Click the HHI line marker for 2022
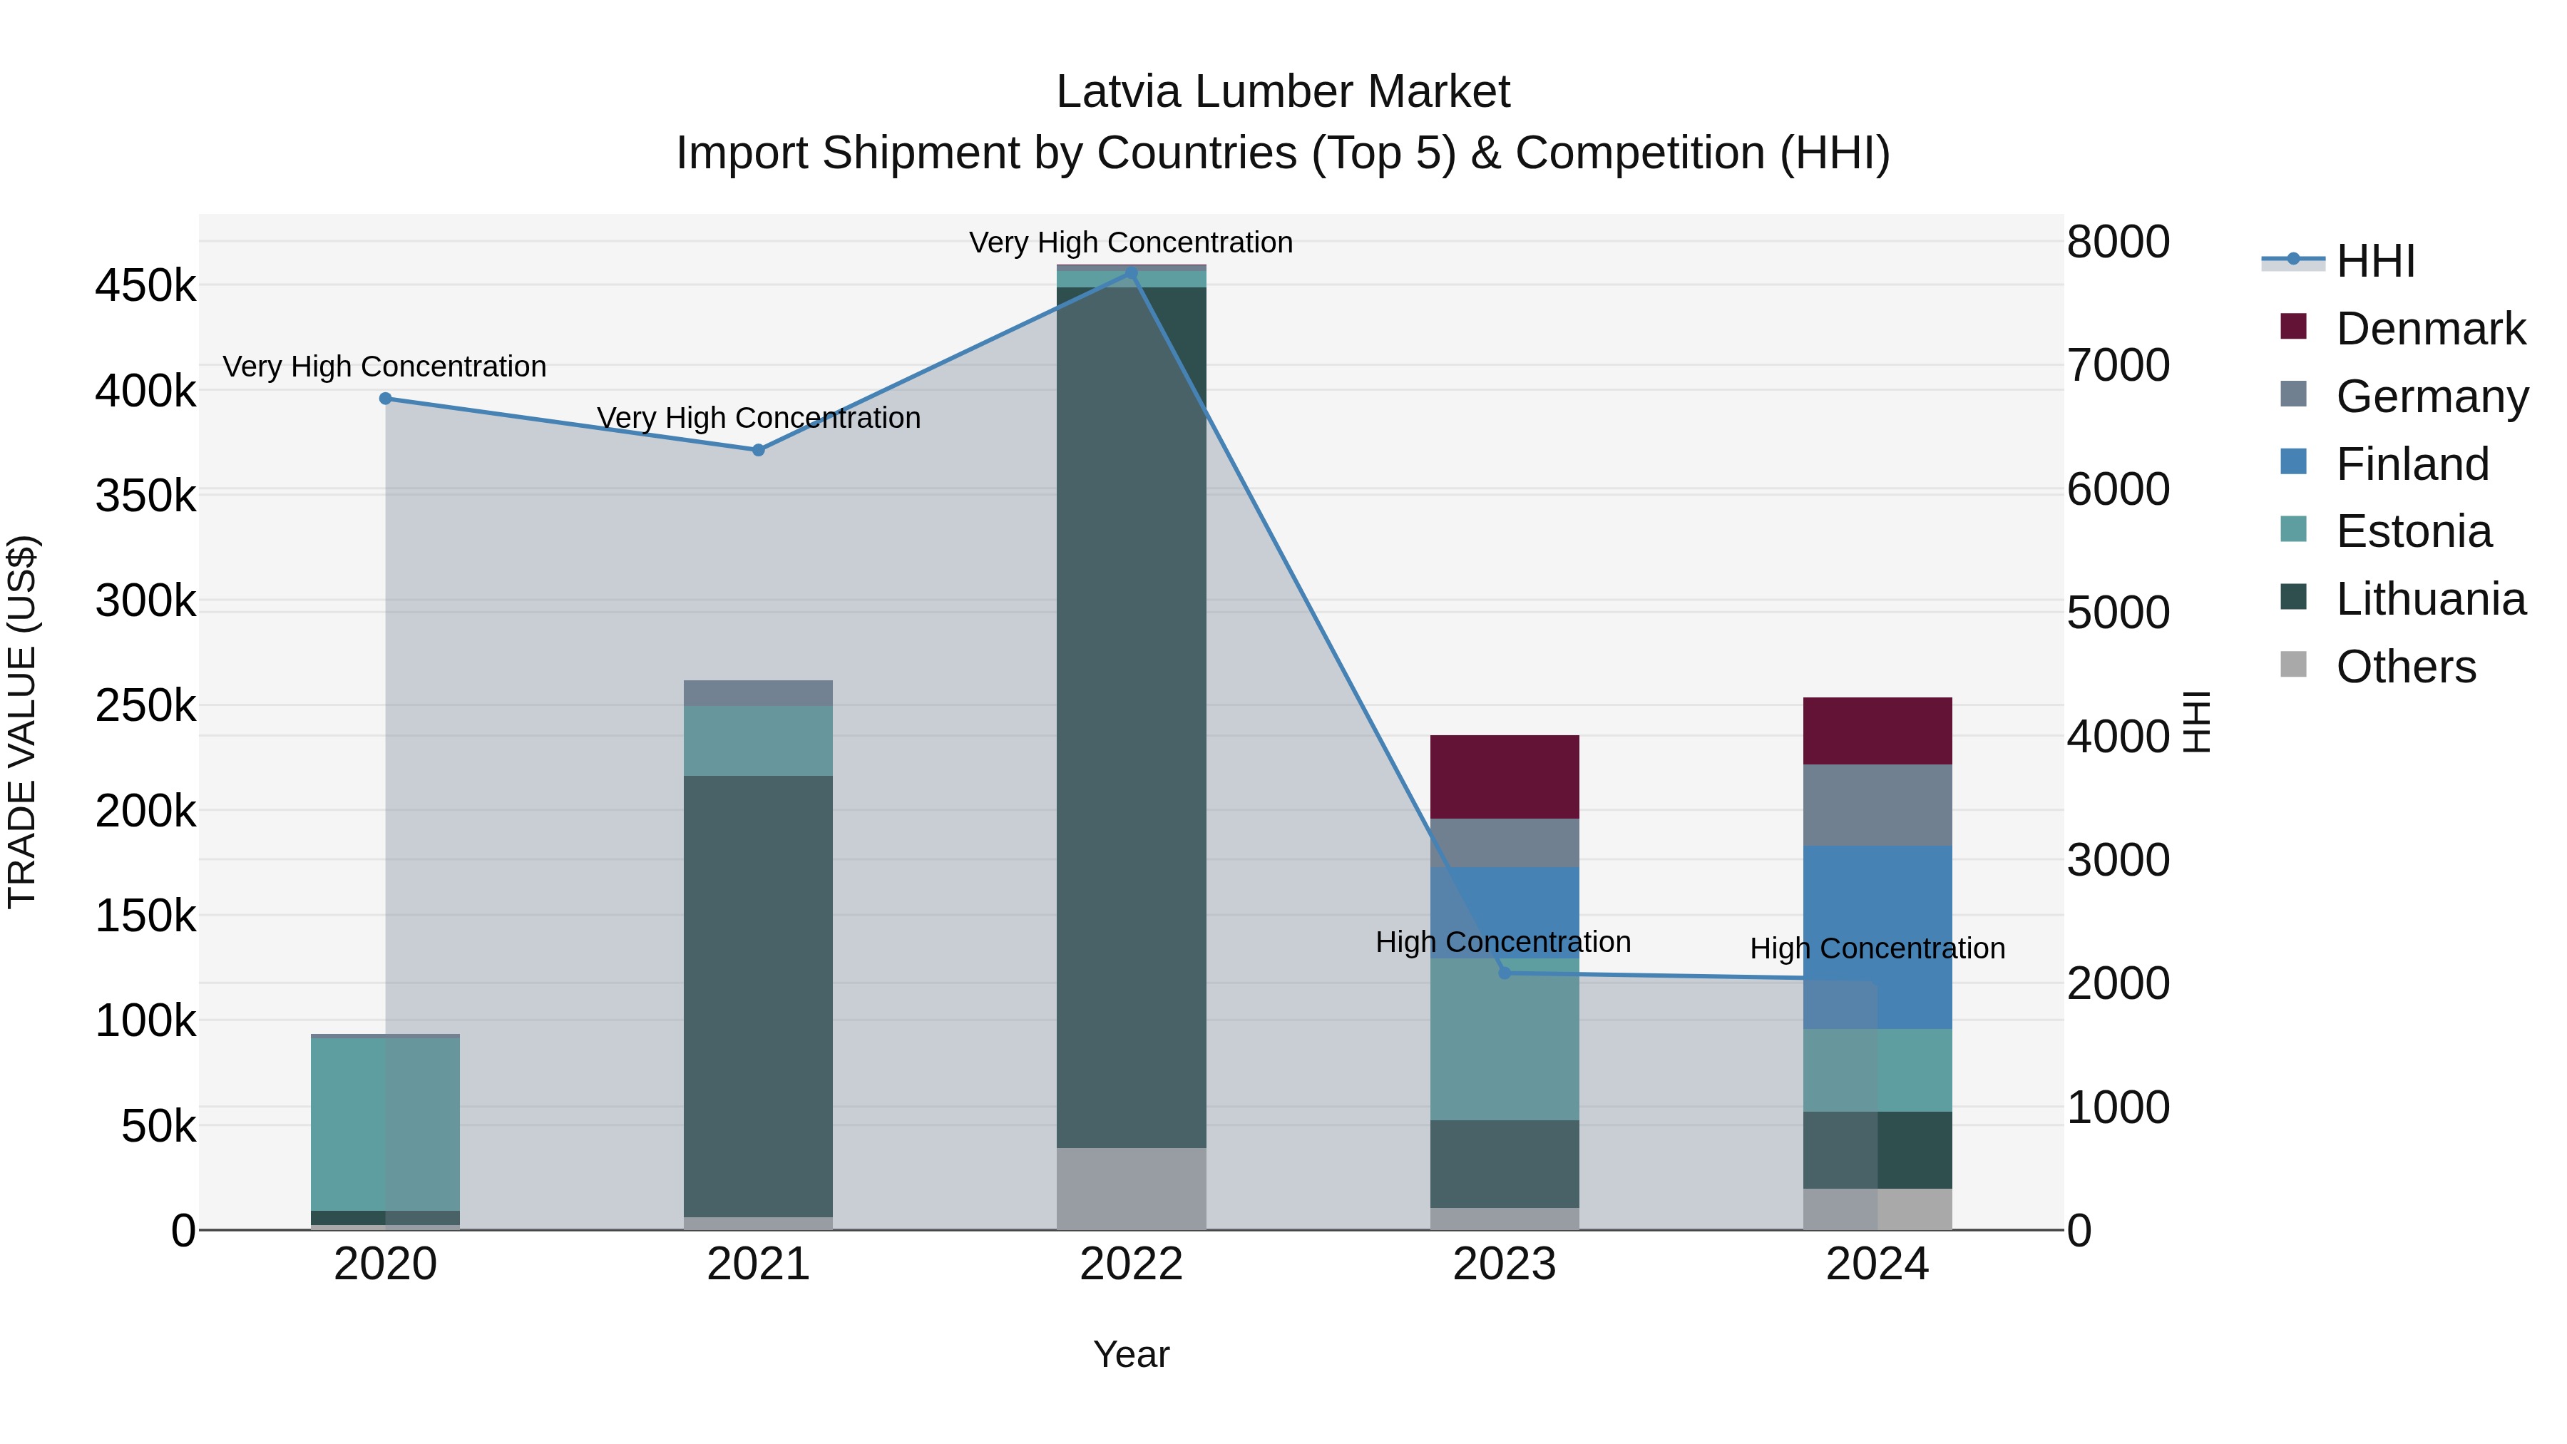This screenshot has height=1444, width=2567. [1131, 273]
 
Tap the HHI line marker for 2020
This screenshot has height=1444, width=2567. [386, 399]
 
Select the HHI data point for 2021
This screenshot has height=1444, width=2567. [759, 451]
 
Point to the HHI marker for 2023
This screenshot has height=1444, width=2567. [1505, 973]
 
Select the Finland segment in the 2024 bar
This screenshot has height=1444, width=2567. [1877, 937]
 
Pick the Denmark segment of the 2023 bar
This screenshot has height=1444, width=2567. [1505, 777]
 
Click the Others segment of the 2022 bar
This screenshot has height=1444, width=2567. [1131, 1188]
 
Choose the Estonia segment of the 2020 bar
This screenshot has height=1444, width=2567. [386, 1124]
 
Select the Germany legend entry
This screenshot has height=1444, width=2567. [2431, 396]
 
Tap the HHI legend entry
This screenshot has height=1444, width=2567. [2374, 261]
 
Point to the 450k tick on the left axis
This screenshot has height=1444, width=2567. [145, 286]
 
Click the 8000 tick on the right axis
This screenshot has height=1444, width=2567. [2118, 242]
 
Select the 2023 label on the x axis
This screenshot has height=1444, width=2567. [1505, 1264]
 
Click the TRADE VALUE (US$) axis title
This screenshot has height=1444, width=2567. [22, 722]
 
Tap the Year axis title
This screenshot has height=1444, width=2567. [1131, 1354]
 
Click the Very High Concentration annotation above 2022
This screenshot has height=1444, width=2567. [1131, 242]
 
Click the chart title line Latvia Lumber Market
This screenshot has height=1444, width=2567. [1283, 92]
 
